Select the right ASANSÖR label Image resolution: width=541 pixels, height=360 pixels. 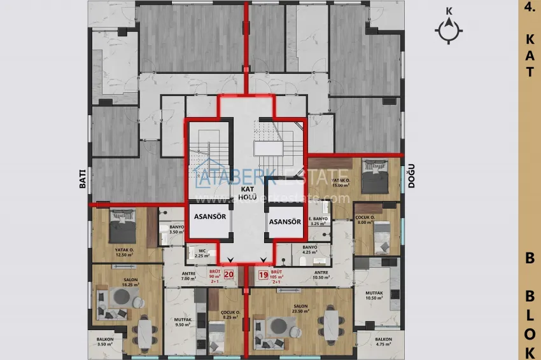(285, 222)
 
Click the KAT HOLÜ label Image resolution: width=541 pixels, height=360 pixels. (247, 193)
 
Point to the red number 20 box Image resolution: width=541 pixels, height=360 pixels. (229, 275)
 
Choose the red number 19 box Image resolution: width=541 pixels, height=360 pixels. (263, 275)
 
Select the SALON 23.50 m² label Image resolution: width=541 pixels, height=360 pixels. (300, 309)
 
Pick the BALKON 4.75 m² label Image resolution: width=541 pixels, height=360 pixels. (384, 342)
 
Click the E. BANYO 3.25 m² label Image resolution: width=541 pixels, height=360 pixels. (318, 221)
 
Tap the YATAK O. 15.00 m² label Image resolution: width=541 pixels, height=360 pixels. (342, 183)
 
